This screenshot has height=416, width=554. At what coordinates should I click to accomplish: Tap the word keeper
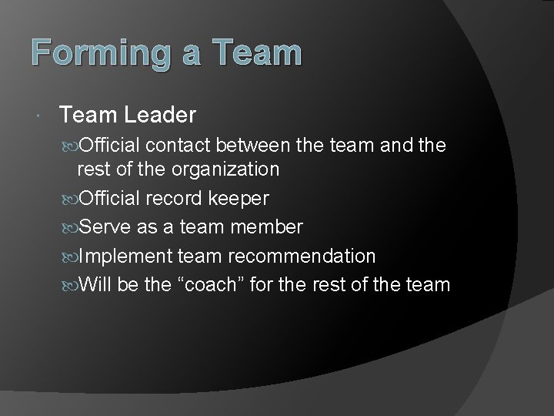(x=239, y=200)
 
